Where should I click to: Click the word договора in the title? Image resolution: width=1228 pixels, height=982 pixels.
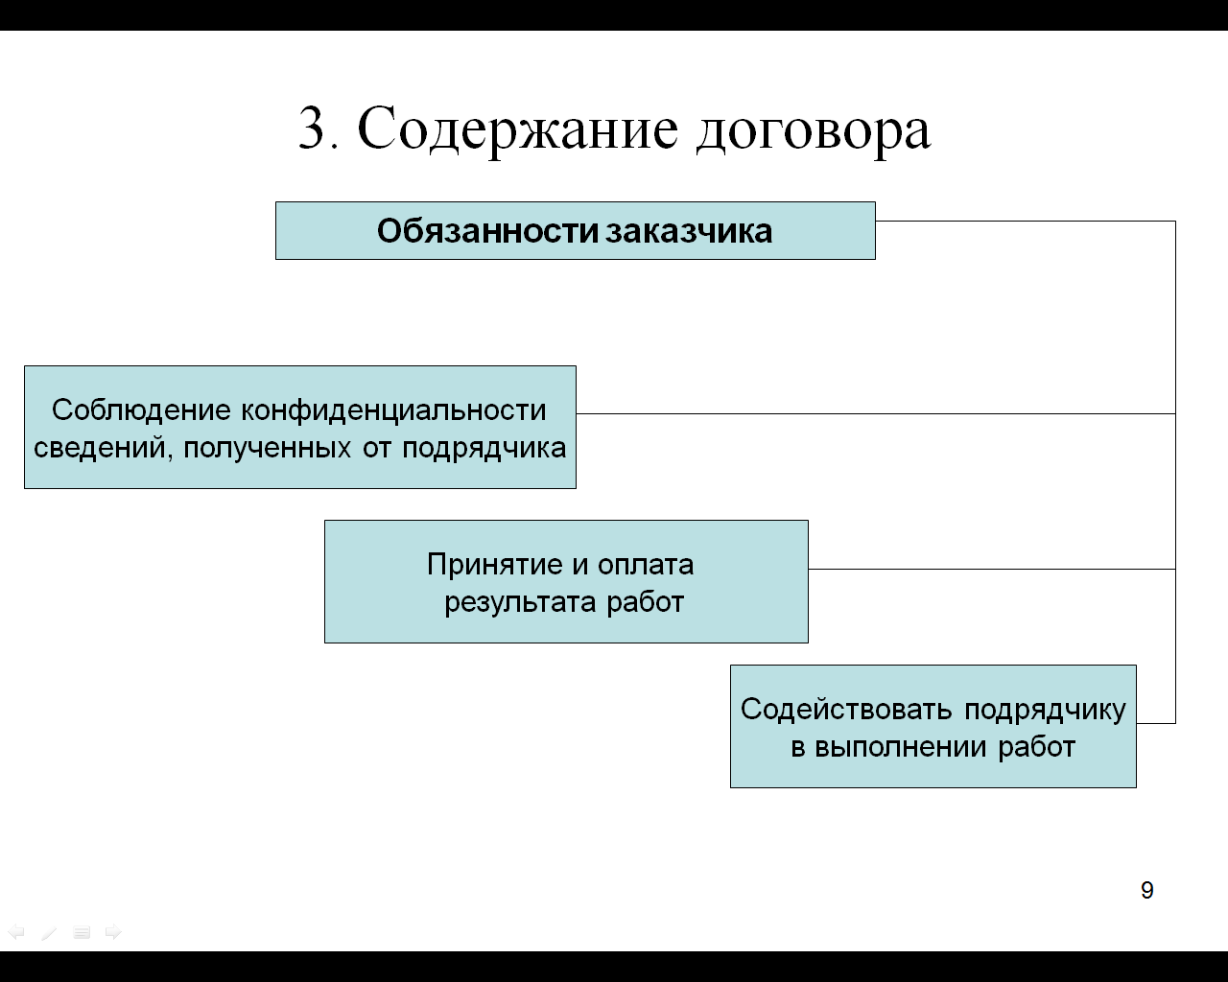pos(814,132)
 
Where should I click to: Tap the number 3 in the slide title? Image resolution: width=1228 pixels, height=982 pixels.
pos(312,128)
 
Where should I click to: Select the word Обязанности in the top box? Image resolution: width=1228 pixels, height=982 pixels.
pos(487,231)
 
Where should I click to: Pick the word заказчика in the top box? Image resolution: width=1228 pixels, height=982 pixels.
pos(689,231)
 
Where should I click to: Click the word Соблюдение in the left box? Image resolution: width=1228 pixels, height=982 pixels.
pos(141,410)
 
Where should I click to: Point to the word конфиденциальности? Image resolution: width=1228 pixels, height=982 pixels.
pos(393,411)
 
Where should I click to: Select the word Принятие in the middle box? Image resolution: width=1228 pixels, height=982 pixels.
pos(495,566)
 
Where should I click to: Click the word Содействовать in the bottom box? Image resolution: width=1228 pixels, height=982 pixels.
pos(846,710)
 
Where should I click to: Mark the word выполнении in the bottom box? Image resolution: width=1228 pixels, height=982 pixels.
pos(900,747)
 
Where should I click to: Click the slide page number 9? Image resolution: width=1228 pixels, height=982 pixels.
pos(1147,890)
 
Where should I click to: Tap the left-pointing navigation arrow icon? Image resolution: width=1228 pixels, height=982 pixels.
pos(16,932)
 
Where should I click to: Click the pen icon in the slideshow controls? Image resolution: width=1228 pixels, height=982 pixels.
pos(49,932)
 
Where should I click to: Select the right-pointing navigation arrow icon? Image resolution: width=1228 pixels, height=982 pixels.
pos(113,932)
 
